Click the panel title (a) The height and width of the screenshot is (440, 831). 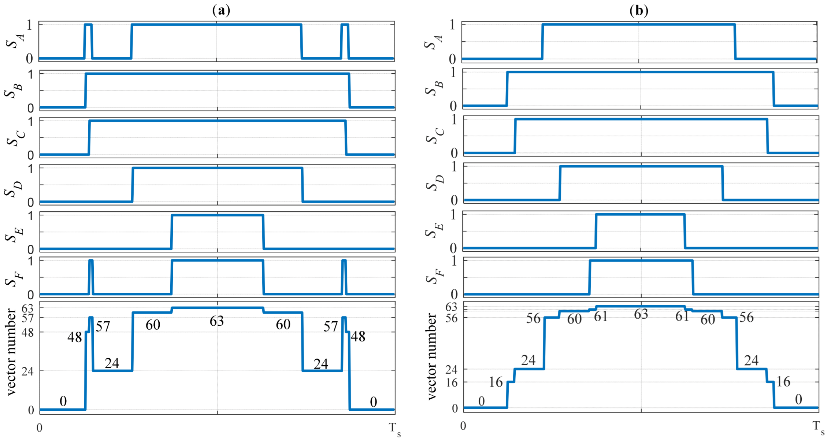[221, 10]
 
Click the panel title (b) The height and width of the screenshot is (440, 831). [639, 10]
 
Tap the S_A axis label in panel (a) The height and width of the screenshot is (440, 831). [15, 41]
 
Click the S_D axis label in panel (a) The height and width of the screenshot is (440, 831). [14, 189]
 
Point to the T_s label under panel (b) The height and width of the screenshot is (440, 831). [818, 427]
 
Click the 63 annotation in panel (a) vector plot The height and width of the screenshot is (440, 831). [216, 321]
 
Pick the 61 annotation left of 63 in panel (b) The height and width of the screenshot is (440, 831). [601, 317]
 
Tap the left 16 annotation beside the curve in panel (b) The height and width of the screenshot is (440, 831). [496, 382]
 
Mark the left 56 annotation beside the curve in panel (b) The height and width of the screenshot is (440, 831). [533, 318]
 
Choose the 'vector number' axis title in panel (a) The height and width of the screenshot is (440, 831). [12, 352]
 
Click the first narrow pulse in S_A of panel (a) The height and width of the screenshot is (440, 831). [88, 40]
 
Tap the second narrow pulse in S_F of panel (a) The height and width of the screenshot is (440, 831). [344, 277]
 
